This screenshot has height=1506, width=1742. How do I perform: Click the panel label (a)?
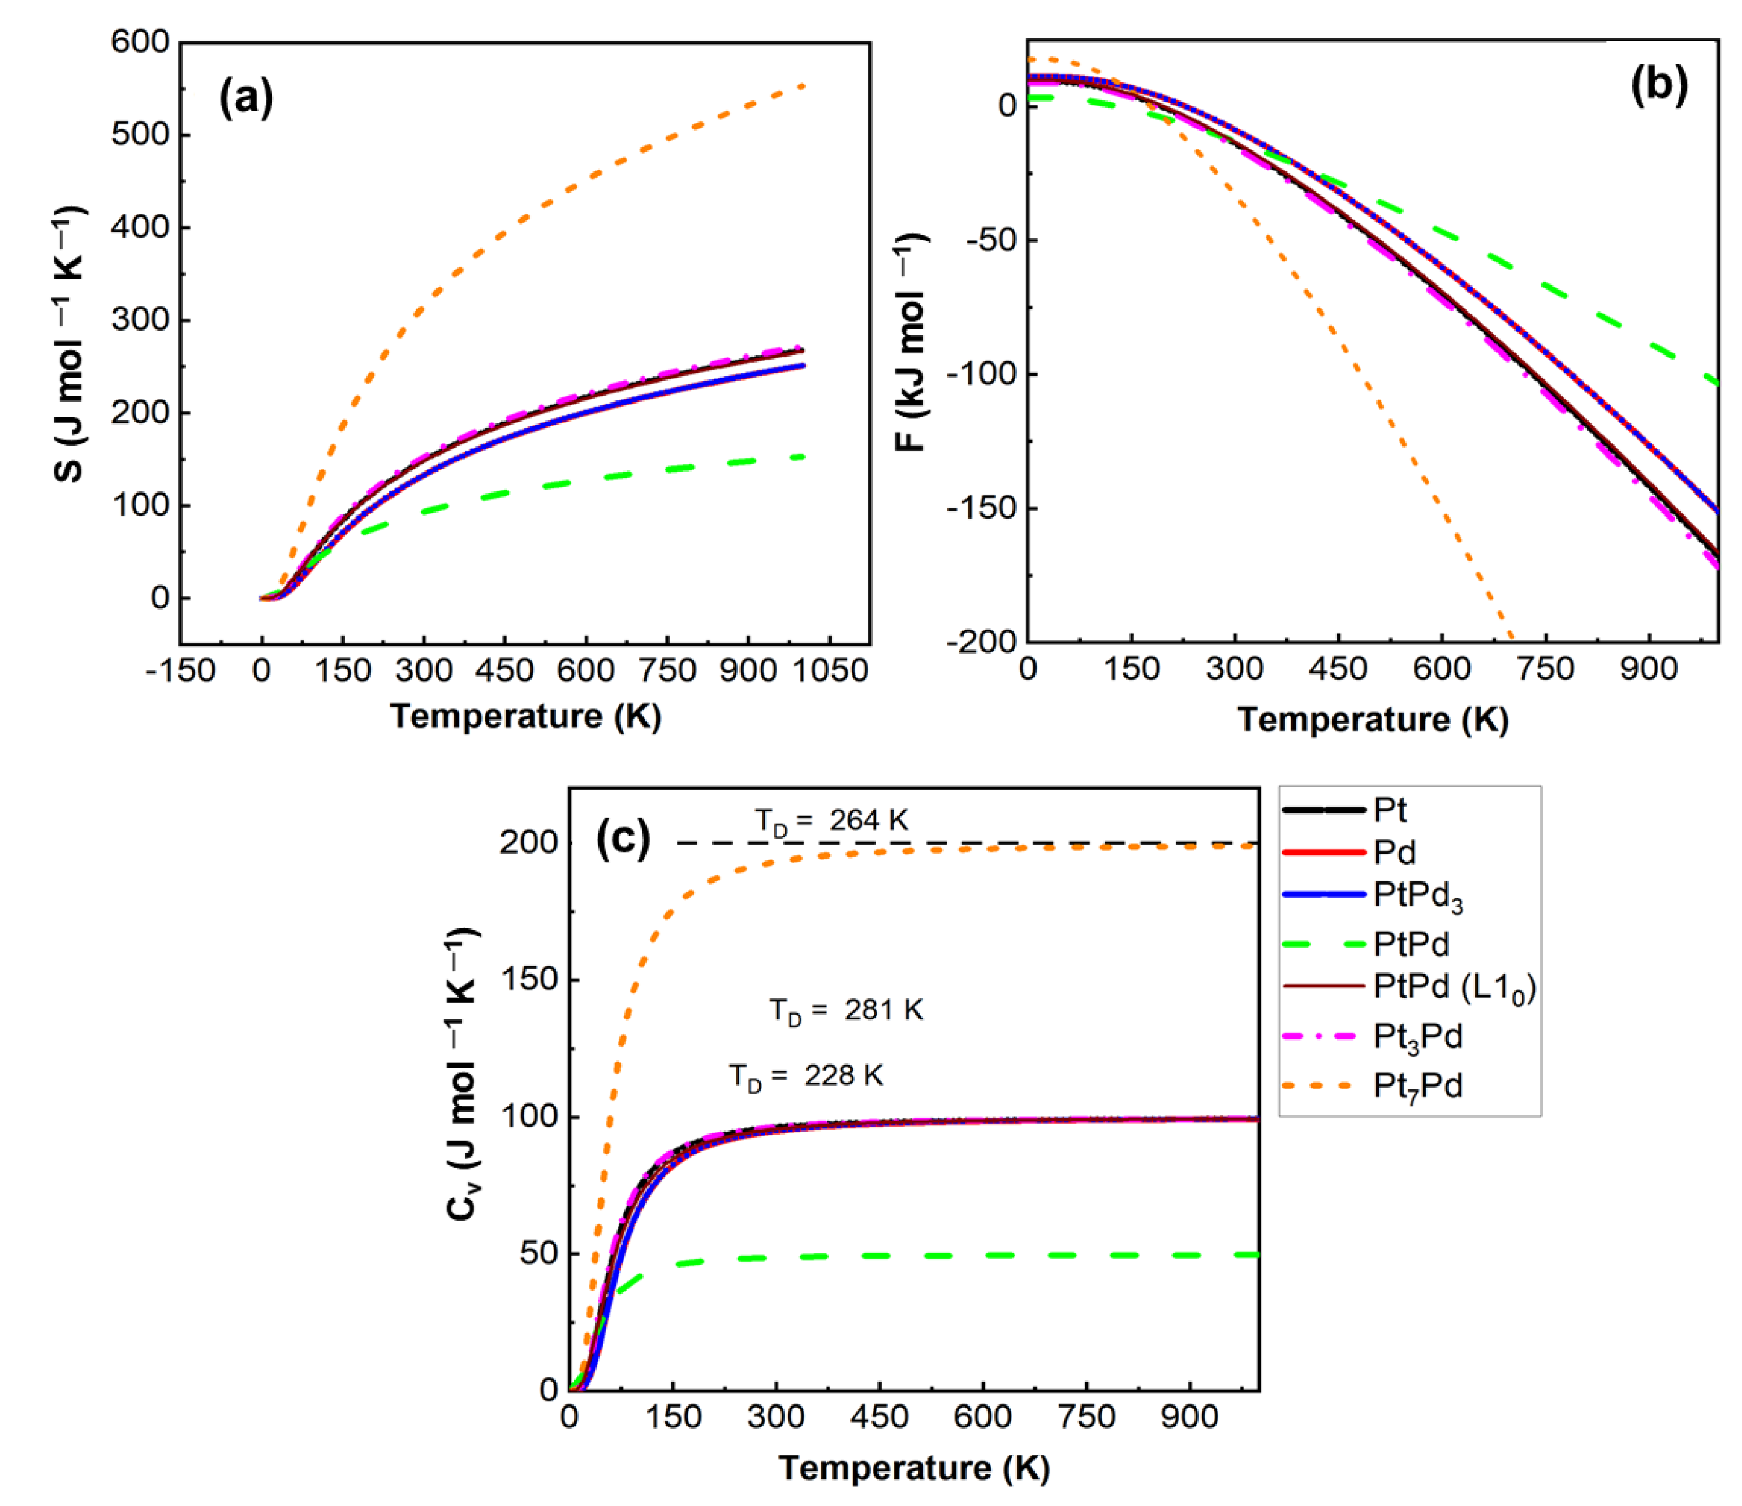pyautogui.click(x=246, y=98)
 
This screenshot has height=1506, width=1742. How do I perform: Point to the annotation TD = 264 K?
pyautogui.click(x=830, y=821)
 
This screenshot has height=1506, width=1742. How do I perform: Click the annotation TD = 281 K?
pyautogui.click(x=846, y=1011)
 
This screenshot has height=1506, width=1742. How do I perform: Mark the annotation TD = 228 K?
pyautogui.click(x=806, y=1076)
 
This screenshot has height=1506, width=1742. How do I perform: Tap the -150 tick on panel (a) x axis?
pyautogui.click(x=180, y=671)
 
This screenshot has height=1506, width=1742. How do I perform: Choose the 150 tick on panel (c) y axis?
pyautogui.click(x=529, y=980)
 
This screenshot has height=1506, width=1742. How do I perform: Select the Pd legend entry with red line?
pyautogui.click(x=1394, y=852)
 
